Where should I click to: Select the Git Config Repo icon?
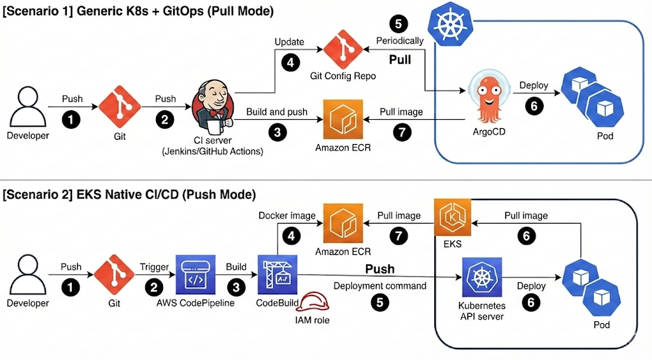(343, 50)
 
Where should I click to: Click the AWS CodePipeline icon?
(195, 276)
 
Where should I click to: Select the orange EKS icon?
(453, 218)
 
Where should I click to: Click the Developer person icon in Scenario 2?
(27, 275)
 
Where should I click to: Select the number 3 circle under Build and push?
(278, 132)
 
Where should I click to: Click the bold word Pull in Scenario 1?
(400, 60)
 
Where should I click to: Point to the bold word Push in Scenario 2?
(379, 269)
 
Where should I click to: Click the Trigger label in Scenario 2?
(154, 267)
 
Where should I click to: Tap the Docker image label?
(287, 215)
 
